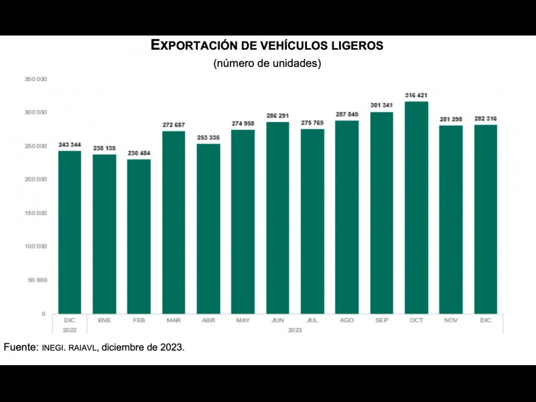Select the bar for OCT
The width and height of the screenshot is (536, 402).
click(x=416, y=208)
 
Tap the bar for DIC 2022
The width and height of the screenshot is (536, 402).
click(x=70, y=232)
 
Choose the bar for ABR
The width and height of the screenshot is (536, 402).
click(x=208, y=228)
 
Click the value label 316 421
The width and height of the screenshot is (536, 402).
click(x=416, y=96)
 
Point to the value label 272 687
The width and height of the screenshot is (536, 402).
click(x=174, y=125)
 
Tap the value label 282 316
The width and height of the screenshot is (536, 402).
click(x=485, y=119)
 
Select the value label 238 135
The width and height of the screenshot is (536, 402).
click(x=104, y=149)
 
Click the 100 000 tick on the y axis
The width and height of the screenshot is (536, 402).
click(x=36, y=247)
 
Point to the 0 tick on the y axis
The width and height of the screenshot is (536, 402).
click(x=43, y=314)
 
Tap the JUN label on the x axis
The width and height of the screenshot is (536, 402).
click(x=277, y=321)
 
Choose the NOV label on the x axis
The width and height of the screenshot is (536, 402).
click(x=451, y=321)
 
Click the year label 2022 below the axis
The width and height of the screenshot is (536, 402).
click(x=70, y=330)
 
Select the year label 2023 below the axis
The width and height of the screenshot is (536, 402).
click(x=295, y=330)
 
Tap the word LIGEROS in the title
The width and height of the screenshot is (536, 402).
click(x=357, y=46)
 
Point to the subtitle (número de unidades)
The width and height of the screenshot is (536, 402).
click(x=267, y=64)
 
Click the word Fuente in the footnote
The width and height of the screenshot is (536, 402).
click(x=20, y=348)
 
